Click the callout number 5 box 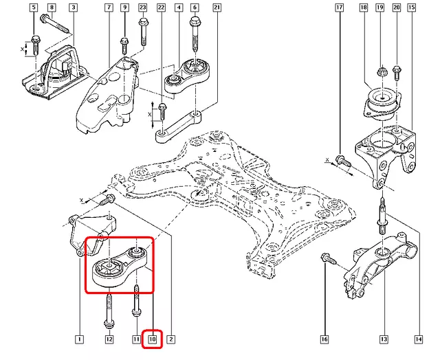point(34,8)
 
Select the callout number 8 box point(52,8)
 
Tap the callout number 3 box point(72,8)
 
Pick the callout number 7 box point(108,8)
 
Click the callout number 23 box point(142,8)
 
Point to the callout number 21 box point(217,8)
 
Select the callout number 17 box point(340,8)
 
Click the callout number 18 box point(364,8)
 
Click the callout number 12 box point(109,339)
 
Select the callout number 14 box point(417,339)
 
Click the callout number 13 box point(384,339)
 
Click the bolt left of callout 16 point(326,260)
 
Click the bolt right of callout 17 point(342,161)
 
